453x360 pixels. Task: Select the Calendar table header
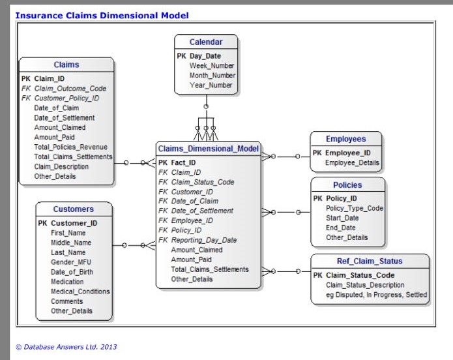(x=206, y=42)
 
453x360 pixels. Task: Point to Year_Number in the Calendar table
(x=211, y=85)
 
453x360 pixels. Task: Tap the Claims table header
(x=66, y=65)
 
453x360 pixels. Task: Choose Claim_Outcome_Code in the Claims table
(x=70, y=88)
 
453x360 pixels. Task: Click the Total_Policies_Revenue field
(x=70, y=147)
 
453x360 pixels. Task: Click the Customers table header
(x=74, y=209)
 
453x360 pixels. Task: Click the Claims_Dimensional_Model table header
(x=208, y=149)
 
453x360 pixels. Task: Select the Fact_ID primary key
(x=185, y=162)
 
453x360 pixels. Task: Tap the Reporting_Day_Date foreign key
(x=203, y=240)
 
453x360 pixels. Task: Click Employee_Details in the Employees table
(x=351, y=162)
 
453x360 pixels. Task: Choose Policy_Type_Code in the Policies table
(x=355, y=208)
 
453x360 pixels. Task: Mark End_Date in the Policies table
(x=340, y=228)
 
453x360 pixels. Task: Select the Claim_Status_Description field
(x=364, y=285)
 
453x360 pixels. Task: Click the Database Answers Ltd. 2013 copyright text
(x=66, y=347)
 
